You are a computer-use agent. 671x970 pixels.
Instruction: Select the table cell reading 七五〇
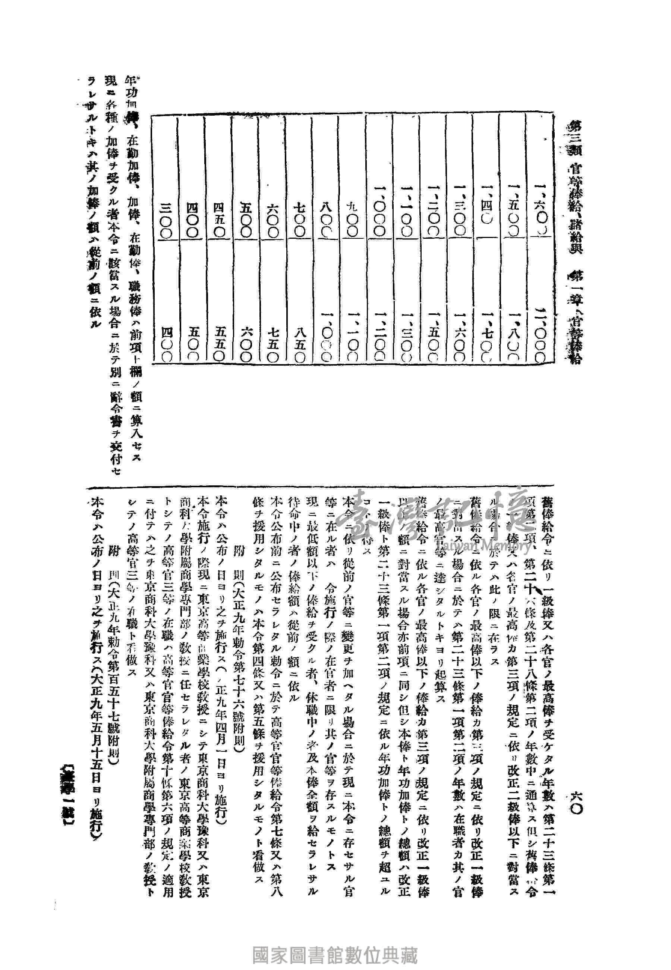tap(272, 345)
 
